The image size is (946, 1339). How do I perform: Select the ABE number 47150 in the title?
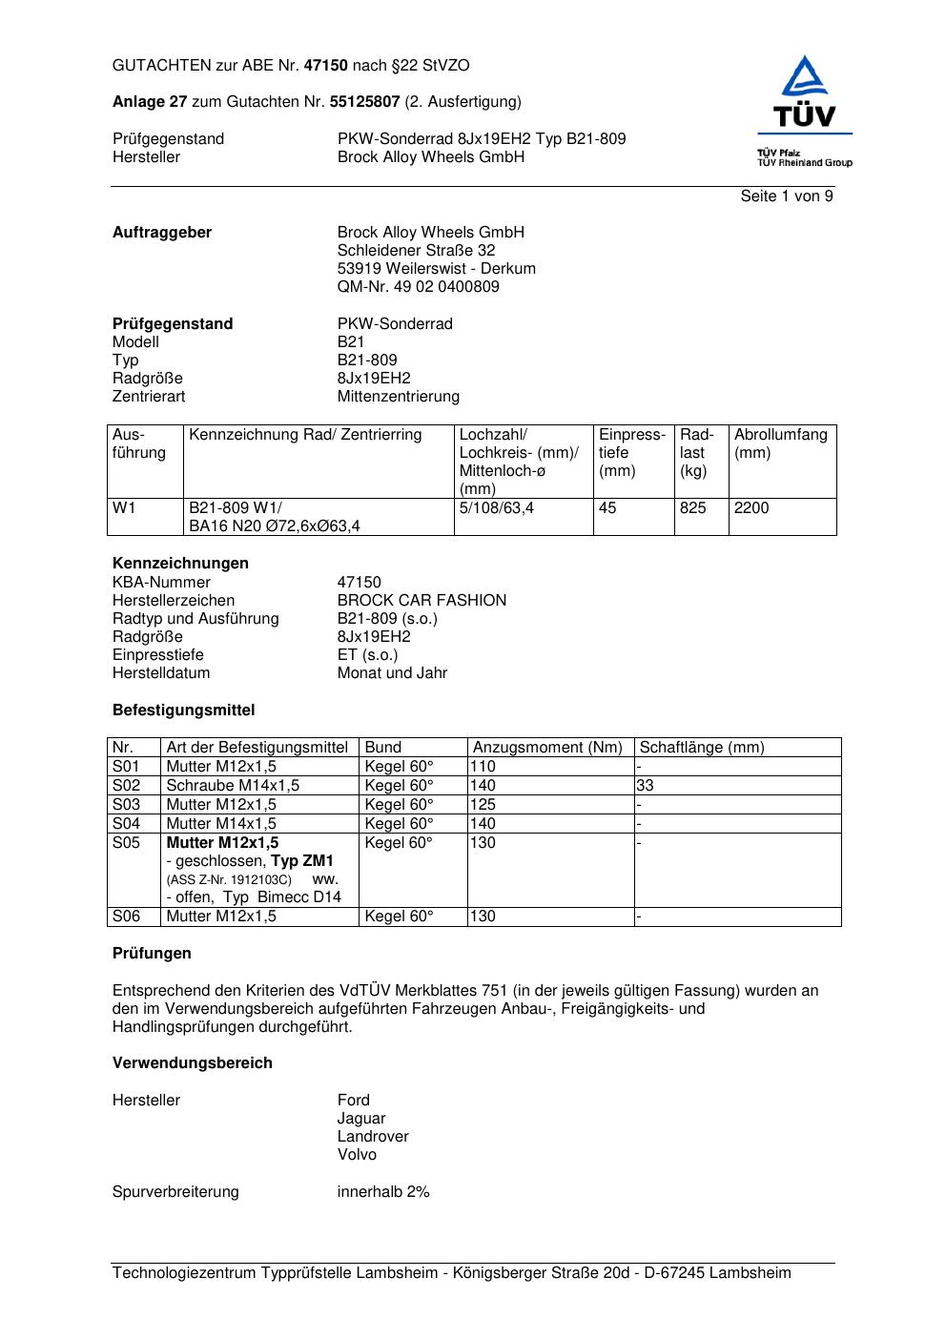(326, 66)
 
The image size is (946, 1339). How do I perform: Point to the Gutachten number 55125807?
(364, 101)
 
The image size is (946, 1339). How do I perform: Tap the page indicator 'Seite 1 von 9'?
(787, 196)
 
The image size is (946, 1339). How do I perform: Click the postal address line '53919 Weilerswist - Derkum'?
(436, 269)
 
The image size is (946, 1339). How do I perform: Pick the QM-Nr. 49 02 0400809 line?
(418, 287)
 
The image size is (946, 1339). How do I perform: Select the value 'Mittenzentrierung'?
(398, 397)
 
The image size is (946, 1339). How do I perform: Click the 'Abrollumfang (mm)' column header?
(780, 443)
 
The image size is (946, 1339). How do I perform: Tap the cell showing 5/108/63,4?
(496, 508)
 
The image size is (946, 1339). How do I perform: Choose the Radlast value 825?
(693, 508)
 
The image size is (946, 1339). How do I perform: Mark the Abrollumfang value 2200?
(751, 508)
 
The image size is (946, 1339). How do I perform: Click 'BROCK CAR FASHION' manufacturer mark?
(422, 601)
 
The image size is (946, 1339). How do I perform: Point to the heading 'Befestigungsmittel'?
(183, 711)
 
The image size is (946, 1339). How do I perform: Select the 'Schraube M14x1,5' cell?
(233, 786)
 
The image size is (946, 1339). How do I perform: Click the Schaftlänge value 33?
(646, 786)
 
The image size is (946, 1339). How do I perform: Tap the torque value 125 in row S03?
(483, 805)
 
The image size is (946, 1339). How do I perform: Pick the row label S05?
(126, 843)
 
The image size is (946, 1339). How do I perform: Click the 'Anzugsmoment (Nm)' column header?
(547, 748)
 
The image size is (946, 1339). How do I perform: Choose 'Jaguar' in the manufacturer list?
(360, 1119)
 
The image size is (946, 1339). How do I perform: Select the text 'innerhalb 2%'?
(382, 1192)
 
